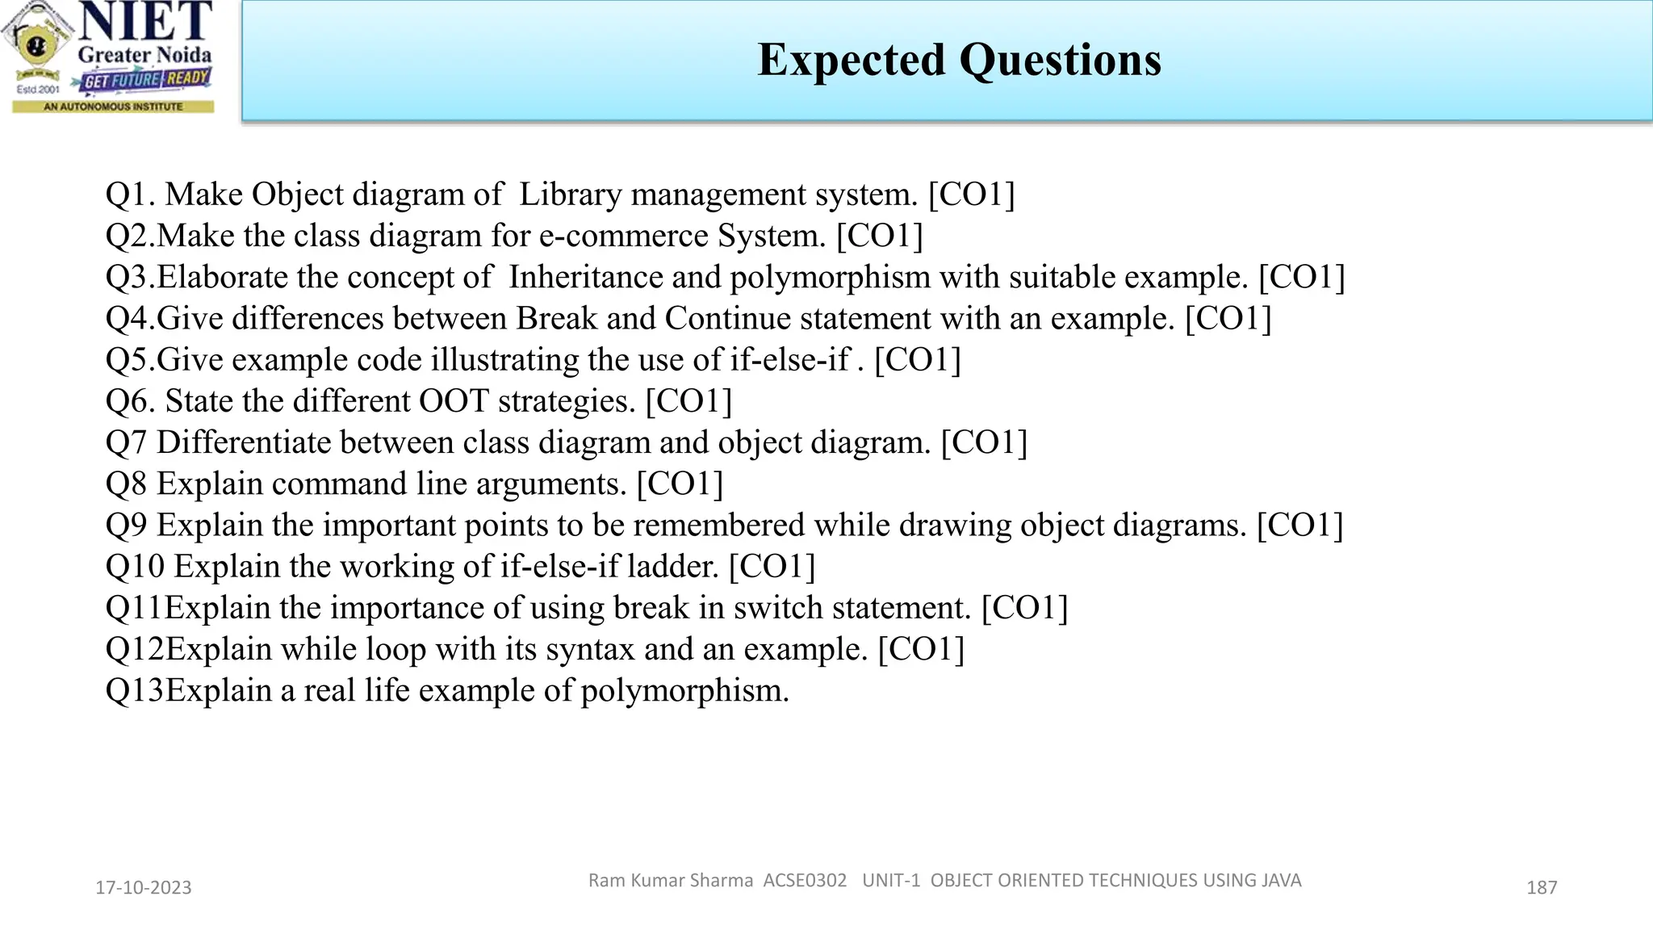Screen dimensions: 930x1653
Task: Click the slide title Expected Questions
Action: pos(959,60)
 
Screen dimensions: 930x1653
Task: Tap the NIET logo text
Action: pos(146,22)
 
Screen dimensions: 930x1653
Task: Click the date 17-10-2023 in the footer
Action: pos(144,888)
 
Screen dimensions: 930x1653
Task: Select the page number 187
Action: pos(1542,888)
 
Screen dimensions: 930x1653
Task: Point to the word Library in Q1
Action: pos(570,195)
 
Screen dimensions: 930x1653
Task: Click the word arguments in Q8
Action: pos(551,484)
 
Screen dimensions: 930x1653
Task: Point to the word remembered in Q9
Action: pos(718,526)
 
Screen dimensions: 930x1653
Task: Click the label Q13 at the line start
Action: pos(135,691)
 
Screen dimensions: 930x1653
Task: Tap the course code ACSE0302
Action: pos(805,880)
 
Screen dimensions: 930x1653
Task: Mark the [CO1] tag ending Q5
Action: pos(918,360)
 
